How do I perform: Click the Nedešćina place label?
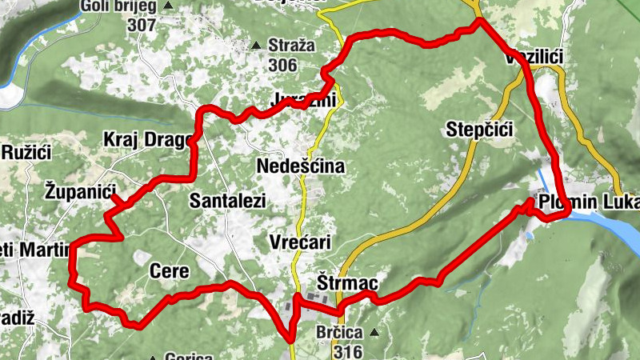[301, 166]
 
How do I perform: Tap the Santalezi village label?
[227, 202]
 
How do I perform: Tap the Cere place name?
[170, 272]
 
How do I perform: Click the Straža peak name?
[292, 46]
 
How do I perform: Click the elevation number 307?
[140, 25]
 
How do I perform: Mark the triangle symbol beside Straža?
[256, 46]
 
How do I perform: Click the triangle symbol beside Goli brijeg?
[169, 7]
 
